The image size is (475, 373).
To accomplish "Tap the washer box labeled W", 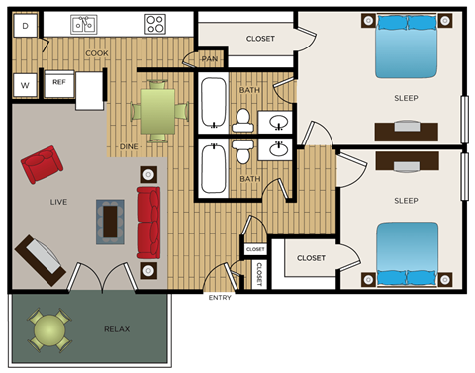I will click(x=25, y=84).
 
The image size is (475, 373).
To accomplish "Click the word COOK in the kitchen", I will click(x=97, y=53).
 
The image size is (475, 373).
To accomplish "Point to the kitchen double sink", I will click(x=83, y=22).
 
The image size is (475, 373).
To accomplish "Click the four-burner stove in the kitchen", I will click(x=155, y=22).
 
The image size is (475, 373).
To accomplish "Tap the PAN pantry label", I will click(x=209, y=59).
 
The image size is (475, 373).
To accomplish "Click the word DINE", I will click(x=129, y=146).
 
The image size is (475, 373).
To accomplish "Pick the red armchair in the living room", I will click(x=41, y=164).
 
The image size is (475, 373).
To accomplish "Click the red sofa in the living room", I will click(x=148, y=223).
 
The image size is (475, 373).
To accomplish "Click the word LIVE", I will click(x=58, y=202).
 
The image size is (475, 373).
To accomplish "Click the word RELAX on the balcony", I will click(x=117, y=329).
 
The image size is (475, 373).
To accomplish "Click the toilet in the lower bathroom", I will click(x=242, y=153).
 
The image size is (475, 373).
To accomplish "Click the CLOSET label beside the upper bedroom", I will click(x=260, y=39).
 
